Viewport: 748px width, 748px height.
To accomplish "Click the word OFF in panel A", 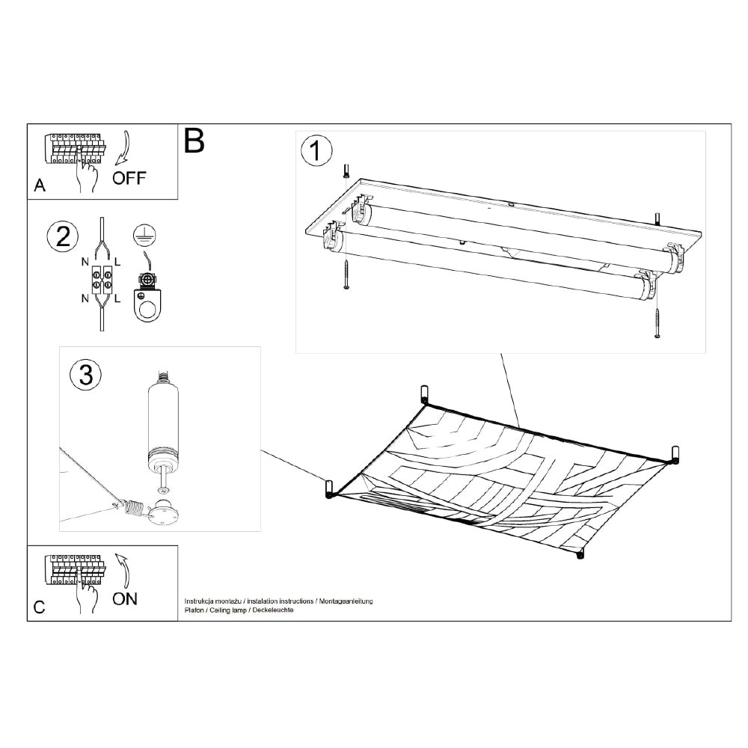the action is point(129,178).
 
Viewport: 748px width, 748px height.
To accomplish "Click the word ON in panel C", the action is point(124,598).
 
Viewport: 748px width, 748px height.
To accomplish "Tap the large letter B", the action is point(194,141).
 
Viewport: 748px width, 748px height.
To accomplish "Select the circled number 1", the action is point(316,151).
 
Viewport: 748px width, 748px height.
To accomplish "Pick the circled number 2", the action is point(63,237).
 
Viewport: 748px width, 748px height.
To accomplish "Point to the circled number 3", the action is point(86,375).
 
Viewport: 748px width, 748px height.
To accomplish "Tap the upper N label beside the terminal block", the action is point(85,262).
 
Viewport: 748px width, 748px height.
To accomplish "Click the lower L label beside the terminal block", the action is point(117,299).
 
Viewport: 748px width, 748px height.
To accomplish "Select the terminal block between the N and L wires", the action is point(102,280).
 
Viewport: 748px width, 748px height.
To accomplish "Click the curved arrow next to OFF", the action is point(123,148).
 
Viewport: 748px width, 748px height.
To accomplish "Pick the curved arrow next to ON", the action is point(123,571).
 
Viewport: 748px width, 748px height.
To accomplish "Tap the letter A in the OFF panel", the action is point(40,185).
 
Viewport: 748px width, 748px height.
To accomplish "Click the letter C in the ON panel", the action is point(39,607).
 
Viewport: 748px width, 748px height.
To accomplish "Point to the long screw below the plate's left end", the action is point(346,275).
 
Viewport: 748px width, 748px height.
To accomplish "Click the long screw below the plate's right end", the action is point(657,323).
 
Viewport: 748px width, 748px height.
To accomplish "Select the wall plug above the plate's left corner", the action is point(346,171).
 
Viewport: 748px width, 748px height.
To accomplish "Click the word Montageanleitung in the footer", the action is point(346,601).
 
